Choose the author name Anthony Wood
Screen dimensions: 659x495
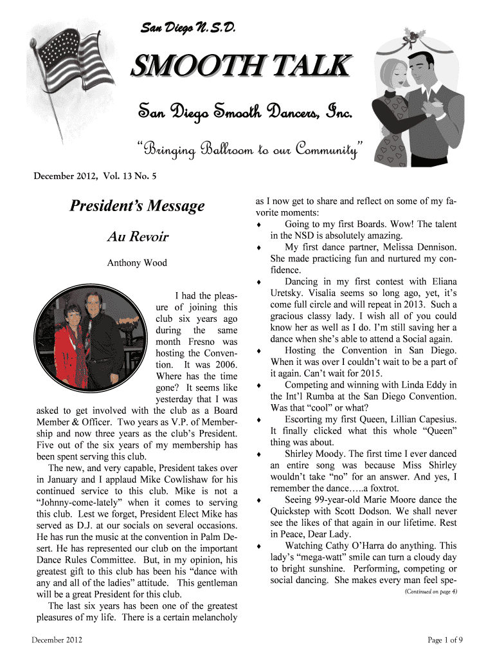coord(137,263)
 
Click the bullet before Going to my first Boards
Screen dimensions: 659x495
coord(258,225)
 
